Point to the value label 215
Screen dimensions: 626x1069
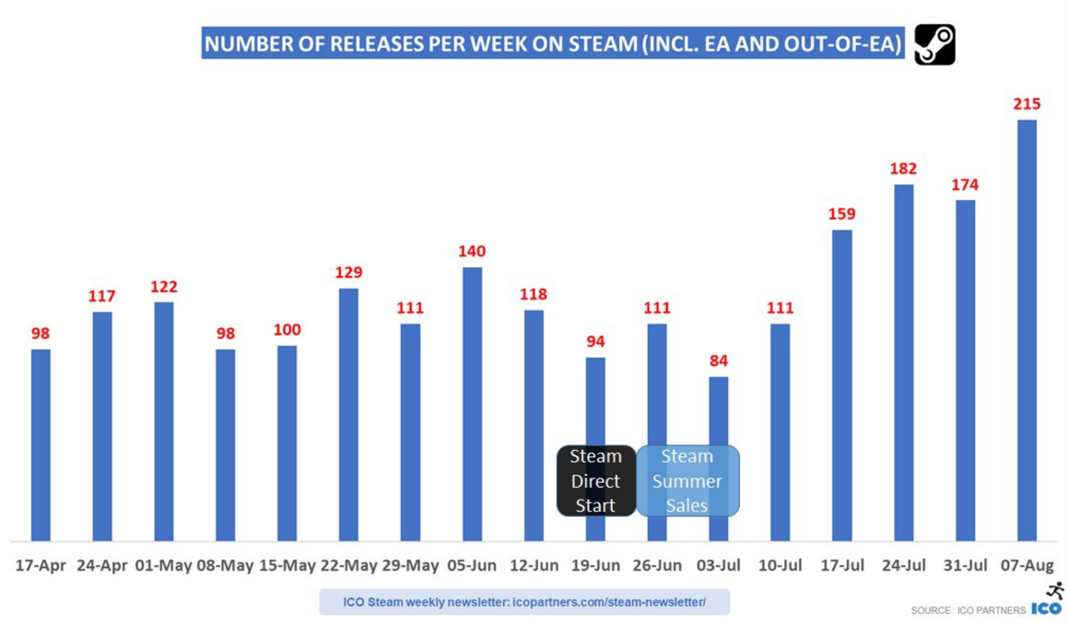1027,104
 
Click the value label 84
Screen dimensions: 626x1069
719,360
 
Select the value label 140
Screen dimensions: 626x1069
472,252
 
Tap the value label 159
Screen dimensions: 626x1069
841,214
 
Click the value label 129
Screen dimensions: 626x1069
348,273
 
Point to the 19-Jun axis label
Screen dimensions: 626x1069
595,565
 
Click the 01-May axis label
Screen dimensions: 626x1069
163,565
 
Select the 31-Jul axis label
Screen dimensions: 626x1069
965,565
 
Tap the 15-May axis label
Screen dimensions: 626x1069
287,565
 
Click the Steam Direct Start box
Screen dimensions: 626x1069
595,480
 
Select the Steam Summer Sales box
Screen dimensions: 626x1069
687,480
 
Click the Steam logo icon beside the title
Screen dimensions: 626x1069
934,44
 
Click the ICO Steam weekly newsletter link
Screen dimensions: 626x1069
524,602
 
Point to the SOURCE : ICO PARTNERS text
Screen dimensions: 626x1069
968,610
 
